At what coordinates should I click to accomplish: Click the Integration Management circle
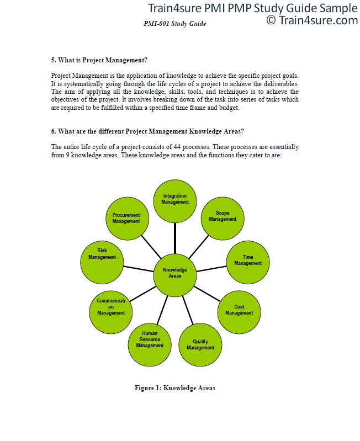(175, 201)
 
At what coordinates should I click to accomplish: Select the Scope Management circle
(223, 219)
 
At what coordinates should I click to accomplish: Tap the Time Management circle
(248, 262)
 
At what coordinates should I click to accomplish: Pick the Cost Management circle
(239, 312)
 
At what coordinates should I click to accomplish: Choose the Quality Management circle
(200, 345)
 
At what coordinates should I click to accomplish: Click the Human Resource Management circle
(150, 345)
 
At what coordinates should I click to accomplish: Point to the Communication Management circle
(111, 312)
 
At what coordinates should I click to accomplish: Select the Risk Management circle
(102, 262)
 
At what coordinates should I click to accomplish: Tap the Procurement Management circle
(127, 219)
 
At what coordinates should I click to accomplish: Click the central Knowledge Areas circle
(175, 275)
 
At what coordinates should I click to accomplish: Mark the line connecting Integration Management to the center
(175, 238)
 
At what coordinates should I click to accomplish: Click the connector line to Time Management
(211, 269)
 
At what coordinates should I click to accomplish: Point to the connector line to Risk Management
(139, 269)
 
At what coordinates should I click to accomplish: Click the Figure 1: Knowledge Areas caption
(175, 388)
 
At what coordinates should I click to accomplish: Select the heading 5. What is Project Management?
(99, 60)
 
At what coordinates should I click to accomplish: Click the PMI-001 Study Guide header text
(175, 24)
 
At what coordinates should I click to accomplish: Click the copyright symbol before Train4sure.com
(271, 20)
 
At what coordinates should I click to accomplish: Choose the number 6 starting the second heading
(53, 131)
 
